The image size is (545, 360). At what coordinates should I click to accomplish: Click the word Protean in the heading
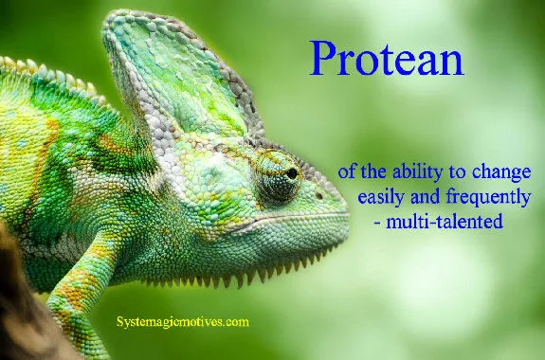(386, 61)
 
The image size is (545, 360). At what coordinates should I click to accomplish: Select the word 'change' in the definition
(502, 174)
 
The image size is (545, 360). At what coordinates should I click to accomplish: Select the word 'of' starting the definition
(347, 174)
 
